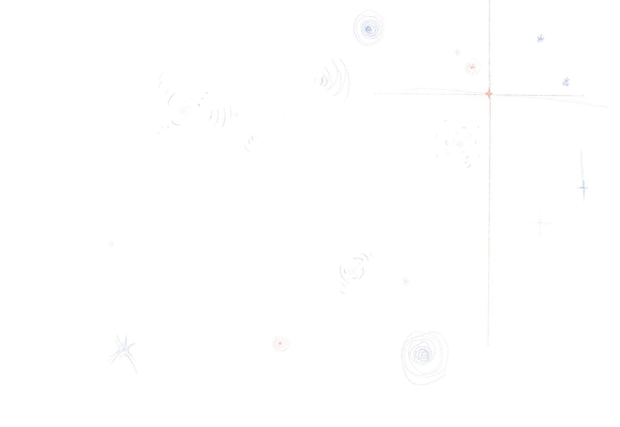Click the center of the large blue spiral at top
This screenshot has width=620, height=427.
(369, 28)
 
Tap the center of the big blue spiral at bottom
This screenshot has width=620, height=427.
(424, 354)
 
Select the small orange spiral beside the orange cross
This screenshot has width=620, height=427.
(472, 67)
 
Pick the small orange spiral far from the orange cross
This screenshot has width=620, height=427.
(280, 343)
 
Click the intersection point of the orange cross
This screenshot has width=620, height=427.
(489, 93)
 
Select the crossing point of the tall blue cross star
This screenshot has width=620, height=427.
(583, 188)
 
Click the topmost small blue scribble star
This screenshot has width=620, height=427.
(540, 38)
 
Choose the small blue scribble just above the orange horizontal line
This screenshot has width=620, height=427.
(566, 82)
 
